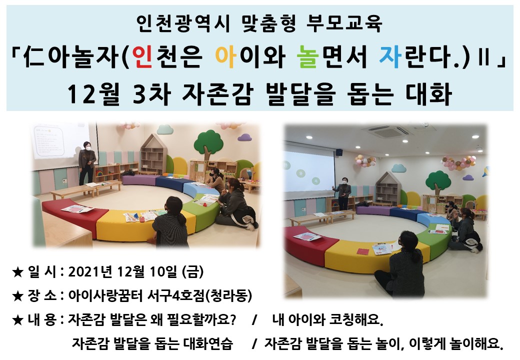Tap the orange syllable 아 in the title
[225, 57]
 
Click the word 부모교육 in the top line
[344, 23]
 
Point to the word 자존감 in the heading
[217, 94]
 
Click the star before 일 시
[17, 272]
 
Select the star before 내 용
[17, 320]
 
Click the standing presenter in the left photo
[87, 163]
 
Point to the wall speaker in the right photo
[339, 152]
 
